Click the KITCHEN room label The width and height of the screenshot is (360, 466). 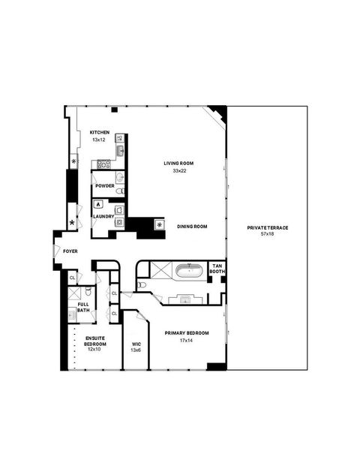[100, 132]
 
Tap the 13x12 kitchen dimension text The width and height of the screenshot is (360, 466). [100, 140]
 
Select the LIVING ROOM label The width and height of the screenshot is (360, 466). [179, 163]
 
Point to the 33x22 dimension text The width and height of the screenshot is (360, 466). [179, 171]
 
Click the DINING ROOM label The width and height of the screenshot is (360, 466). [192, 226]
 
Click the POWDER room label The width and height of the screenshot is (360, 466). [104, 185]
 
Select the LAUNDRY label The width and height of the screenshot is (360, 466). [103, 217]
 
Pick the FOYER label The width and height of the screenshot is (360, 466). [70, 251]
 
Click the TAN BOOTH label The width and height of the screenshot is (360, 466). [217, 269]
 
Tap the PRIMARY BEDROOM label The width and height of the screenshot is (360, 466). [187, 332]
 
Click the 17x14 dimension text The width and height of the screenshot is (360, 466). [187, 341]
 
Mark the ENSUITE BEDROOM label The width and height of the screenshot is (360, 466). [94, 341]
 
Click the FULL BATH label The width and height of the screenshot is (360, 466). [82, 307]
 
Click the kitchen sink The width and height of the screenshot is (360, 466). [119, 151]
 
